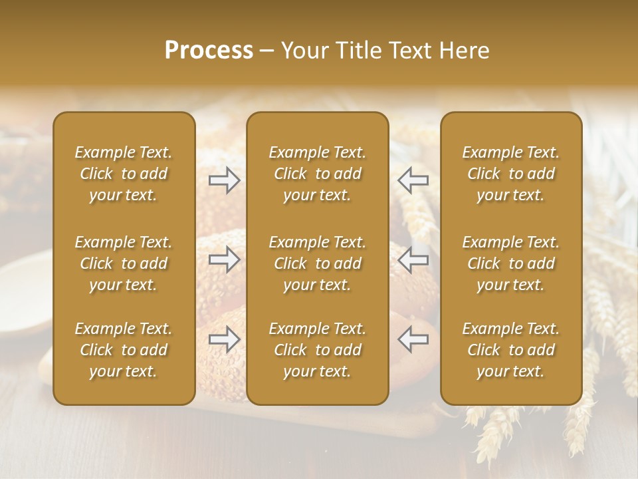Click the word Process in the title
[209, 51]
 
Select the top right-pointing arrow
[224, 180]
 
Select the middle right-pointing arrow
[224, 260]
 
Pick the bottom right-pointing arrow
[224, 339]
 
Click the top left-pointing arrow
[413, 180]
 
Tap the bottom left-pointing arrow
[413, 339]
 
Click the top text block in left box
[124, 174]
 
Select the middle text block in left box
[124, 263]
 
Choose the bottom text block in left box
[124, 350]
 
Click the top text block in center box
[317, 174]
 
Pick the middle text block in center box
[317, 263]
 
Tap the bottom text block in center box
[317, 350]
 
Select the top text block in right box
[510, 174]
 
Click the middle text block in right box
[510, 263]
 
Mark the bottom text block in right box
[510, 350]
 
